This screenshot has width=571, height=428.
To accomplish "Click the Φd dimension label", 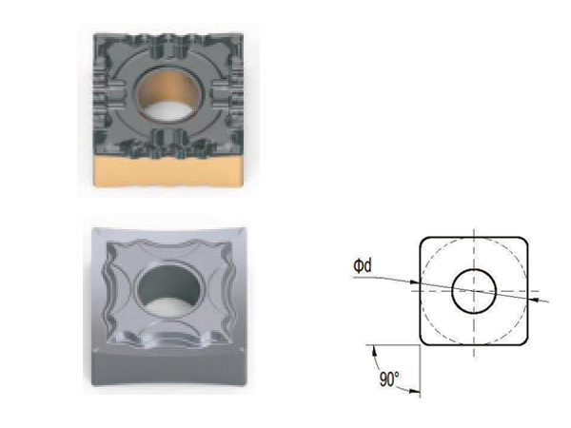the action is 363,265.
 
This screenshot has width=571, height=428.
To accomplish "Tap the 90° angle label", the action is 389,379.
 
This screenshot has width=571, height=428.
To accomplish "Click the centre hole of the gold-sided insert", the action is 169,95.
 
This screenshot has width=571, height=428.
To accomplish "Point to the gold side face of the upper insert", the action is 167,172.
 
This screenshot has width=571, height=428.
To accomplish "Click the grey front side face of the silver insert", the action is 167,367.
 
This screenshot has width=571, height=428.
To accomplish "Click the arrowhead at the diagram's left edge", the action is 415,282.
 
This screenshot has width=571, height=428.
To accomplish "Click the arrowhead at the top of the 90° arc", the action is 374,350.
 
